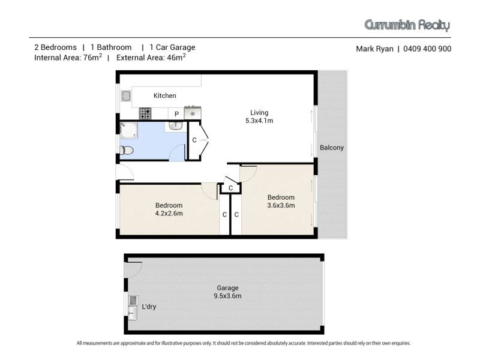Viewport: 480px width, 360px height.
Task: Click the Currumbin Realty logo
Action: [x=407, y=25]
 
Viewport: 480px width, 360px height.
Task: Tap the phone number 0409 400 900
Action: [x=427, y=49]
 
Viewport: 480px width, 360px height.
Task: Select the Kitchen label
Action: [x=164, y=95]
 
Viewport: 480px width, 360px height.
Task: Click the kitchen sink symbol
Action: [x=126, y=96]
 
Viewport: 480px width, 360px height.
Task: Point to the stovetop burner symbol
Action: [x=145, y=113]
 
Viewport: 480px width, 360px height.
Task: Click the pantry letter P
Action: [x=176, y=114]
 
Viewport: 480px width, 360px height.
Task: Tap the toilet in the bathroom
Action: [x=127, y=151]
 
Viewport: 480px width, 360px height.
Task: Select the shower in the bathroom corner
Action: [x=128, y=130]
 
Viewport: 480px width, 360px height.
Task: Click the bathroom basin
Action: [x=176, y=125]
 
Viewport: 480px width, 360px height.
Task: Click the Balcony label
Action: [x=332, y=148]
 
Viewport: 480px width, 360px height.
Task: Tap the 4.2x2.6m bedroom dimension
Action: [x=169, y=214]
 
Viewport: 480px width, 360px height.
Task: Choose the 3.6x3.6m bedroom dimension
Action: [x=281, y=205]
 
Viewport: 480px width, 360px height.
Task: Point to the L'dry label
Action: [x=149, y=307]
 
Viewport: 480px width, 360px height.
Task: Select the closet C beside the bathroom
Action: [x=194, y=140]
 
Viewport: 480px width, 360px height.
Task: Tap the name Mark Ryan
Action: [x=374, y=49]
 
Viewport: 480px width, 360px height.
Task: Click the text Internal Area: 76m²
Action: [x=68, y=57]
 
